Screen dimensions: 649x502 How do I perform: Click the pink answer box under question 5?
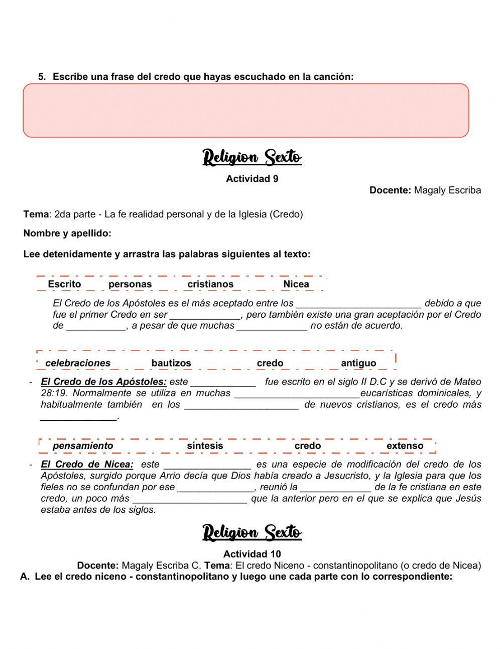[246, 111]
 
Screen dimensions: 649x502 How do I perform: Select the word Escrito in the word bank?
[64, 284]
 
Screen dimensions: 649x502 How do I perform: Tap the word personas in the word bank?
[130, 284]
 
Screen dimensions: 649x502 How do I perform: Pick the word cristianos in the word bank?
[210, 284]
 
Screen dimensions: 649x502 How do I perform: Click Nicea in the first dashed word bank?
[296, 284]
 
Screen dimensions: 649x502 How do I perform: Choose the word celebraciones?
[78, 363]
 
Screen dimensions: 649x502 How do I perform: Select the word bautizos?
[171, 363]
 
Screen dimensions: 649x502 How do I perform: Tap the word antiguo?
[358, 363]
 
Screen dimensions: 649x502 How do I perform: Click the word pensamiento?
[83, 446]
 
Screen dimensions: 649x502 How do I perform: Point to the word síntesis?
[205, 446]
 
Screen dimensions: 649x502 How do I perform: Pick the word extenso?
[405, 446]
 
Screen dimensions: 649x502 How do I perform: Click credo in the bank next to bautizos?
[270, 363]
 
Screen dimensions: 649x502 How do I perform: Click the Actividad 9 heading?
[252, 179]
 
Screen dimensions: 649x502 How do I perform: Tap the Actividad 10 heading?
[252, 554]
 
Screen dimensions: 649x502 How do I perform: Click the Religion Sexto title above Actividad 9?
[252, 157]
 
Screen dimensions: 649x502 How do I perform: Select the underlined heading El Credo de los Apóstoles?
[103, 382]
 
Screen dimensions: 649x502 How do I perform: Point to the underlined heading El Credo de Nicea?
[87, 465]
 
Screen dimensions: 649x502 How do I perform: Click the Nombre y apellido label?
[67, 233]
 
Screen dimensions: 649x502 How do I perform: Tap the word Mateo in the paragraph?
[467, 382]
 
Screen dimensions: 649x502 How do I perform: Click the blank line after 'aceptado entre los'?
[358, 304]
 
